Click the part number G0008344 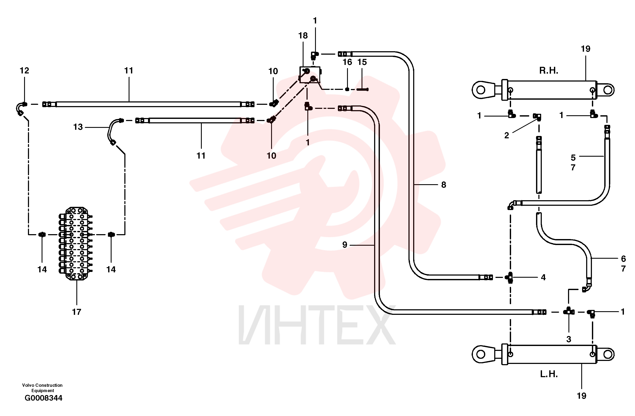click(x=44, y=398)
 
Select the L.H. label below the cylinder click(x=549, y=374)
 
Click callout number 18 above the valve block click(x=303, y=35)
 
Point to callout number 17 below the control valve click(x=77, y=312)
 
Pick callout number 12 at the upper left click(x=24, y=70)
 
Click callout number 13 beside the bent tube click(x=78, y=127)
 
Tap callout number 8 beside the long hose click(x=443, y=184)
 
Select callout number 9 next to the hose click(x=345, y=245)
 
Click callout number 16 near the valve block click(x=347, y=62)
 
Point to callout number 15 click(x=362, y=62)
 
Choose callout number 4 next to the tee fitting click(x=543, y=277)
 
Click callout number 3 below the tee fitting click(x=569, y=339)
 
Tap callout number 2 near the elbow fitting click(x=507, y=135)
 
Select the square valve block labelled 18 click(x=310, y=75)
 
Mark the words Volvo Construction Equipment click(x=42, y=388)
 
